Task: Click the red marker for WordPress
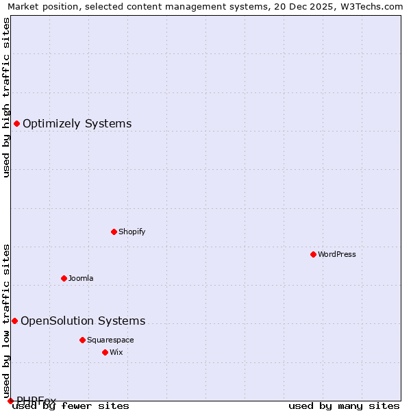click(313, 254)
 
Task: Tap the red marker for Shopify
click(114, 232)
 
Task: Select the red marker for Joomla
click(64, 278)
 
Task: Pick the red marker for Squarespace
click(82, 340)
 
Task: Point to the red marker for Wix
click(105, 352)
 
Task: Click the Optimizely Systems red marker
click(16, 123)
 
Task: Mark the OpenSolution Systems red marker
click(14, 321)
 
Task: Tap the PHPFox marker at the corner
click(10, 401)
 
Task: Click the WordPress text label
click(337, 254)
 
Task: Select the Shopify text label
click(132, 232)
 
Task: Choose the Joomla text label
click(81, 278)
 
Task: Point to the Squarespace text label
click(110, 340)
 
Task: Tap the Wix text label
click(116, 352)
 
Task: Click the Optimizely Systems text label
click(77, 124)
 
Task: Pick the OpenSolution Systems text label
click(83, 321)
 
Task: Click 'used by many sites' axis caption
click(344, 406)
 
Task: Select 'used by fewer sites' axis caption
click(71, 406)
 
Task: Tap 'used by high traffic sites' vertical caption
click(7, 97)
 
